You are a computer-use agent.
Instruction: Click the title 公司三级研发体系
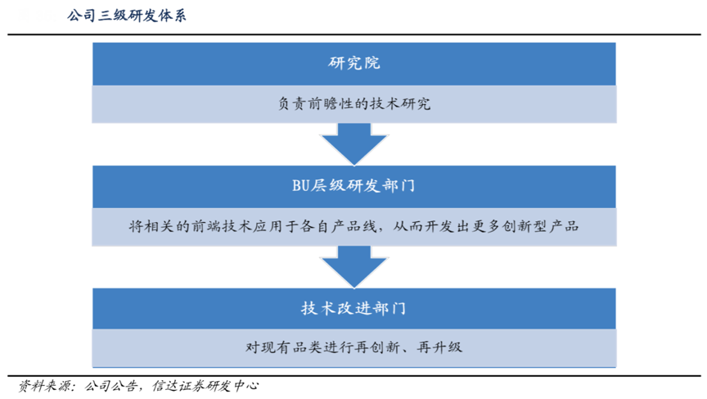click(x=128, y=16)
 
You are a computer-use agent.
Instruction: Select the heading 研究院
click(x=353, y=63)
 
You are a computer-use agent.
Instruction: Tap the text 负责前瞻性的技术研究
click(x=353, y=104)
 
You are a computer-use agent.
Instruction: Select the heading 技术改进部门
click(x=353, y=308)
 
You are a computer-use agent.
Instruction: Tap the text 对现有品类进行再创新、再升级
click(x=353, y=347)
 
